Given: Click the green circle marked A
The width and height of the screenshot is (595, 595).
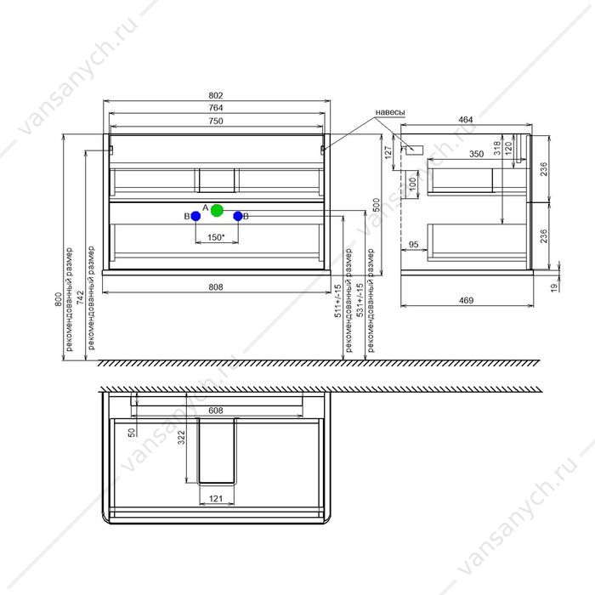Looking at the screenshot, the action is [217, 210].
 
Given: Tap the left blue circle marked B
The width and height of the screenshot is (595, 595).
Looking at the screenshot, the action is [195, 216].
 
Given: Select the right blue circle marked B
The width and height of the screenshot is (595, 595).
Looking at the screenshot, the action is [238, 216].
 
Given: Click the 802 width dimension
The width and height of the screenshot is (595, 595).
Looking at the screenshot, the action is [216, 95].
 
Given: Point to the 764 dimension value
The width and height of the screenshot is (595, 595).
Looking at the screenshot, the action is [216, 108].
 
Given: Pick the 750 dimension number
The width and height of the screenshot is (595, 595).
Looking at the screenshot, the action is [216, 121].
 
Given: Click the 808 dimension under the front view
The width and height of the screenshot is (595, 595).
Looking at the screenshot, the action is [216, 287].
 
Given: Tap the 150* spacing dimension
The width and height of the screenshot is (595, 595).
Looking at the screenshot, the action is [216, 237].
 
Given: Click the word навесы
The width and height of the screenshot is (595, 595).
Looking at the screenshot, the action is [390, 112].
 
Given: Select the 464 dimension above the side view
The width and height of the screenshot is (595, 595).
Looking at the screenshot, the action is [466, 120].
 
